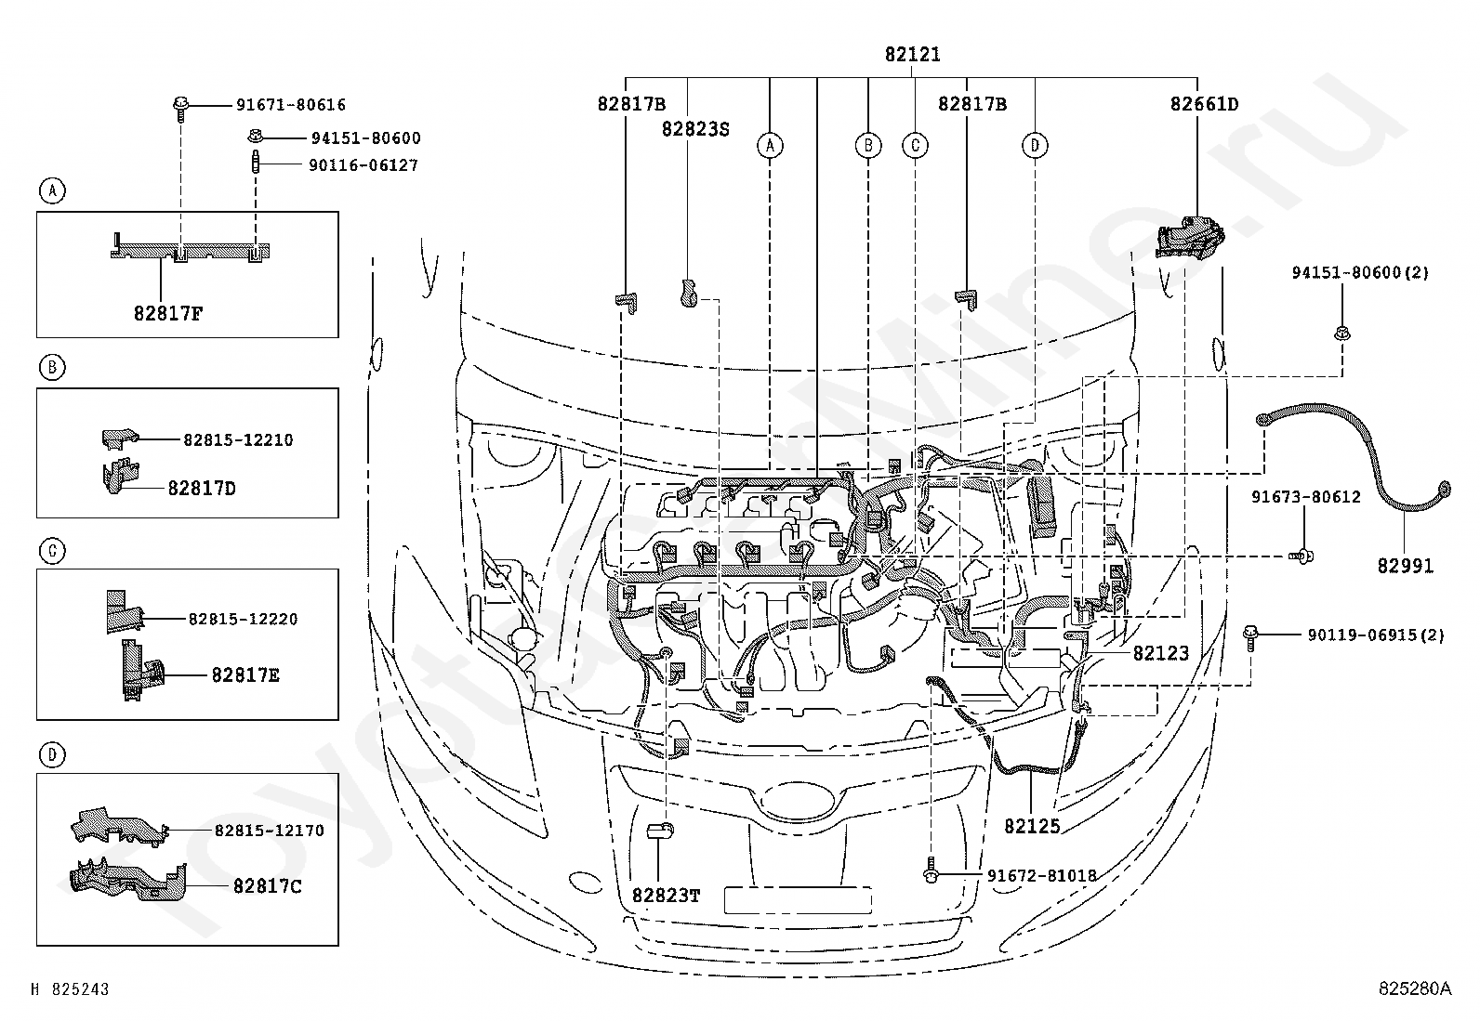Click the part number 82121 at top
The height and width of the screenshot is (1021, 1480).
(x=912, y=55)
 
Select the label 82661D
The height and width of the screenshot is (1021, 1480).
(x=1204, y=104)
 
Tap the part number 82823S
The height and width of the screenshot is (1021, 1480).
(x=695, y=128)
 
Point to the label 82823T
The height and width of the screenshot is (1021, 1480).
(x=666, y=896)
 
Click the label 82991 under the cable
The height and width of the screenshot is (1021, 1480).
(x=1405, y=565)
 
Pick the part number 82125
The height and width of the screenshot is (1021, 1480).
(x=1032, y=826)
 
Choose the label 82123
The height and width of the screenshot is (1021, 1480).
(x=1160, y=653)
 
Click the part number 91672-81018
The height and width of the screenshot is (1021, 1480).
(x=1041, y=875)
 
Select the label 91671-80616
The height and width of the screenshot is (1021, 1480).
(x=291, y=106)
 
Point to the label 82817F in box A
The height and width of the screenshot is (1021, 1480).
(x=167, y=313)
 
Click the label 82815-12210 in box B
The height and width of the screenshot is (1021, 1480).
(x=238, y=439)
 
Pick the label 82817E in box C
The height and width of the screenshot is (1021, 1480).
(x=245, y=675)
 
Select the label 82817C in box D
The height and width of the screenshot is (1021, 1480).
(x=268, y=886)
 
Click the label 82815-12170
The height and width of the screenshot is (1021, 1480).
(x=270, y=831)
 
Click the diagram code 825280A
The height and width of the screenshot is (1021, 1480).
(x=1414, y=989)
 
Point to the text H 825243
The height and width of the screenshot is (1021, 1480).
(x=71, y=989)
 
